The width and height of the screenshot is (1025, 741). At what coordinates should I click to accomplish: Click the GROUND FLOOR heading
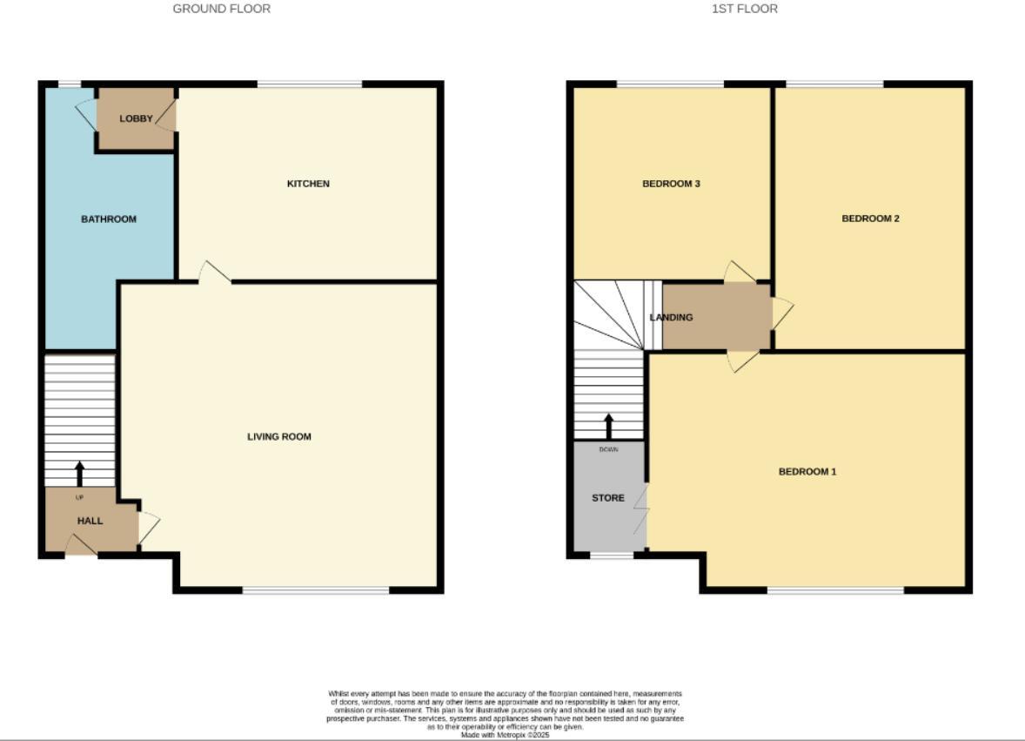tap(221, 9)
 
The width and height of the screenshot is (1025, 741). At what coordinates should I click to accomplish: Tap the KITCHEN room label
tap(308, 184)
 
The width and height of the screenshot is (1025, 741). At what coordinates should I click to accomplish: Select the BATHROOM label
tap(109, 219)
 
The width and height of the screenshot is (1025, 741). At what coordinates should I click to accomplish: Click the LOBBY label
tap(136, 118)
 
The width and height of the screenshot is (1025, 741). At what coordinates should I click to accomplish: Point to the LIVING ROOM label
tap(278, 437)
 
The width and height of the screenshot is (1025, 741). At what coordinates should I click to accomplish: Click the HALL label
tap(90, 522)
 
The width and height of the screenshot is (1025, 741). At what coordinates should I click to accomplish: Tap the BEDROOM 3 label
tap(671, 184)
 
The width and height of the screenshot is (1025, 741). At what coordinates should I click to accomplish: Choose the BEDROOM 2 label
tap(870, 219)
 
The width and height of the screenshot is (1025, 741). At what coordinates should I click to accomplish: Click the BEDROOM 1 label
tap(807, 472)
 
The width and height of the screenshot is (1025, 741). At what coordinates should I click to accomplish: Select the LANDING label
tap(672, 318)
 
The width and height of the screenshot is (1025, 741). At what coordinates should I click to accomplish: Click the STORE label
tap(607, 498)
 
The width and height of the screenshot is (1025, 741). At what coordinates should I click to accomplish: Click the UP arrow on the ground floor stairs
tap(80, 474)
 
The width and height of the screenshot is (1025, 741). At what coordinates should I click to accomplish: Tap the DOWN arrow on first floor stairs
tap(609, 426)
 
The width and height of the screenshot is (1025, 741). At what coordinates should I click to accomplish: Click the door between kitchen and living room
tap(214, 273)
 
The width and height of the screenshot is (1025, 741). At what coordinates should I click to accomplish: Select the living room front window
tap(315, 590)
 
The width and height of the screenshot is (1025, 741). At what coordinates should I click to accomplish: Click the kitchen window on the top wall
tap(310, 84)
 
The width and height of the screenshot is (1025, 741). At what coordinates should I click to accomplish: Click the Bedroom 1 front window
tap(835, 590)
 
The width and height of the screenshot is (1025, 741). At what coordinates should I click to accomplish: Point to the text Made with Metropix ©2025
tap(505, 735)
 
